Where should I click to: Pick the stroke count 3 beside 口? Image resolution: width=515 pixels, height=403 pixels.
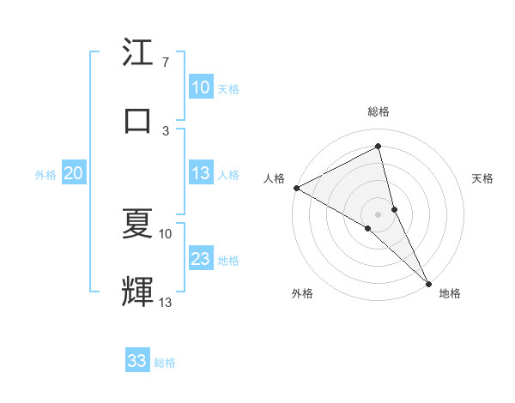click(165, 130)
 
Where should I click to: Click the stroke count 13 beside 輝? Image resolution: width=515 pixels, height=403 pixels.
click(165, 303)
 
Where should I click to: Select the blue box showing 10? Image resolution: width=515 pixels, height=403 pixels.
click(201, 87)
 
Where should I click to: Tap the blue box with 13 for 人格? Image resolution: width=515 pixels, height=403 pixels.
click(201, 173)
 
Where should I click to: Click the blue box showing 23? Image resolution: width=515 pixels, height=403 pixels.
click(201, 259)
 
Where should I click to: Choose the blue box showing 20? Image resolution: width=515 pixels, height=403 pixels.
click(74, 173)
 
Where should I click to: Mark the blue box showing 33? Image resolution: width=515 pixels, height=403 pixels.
click(137, 361)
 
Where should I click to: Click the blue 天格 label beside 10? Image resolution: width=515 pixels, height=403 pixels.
click(228, 88)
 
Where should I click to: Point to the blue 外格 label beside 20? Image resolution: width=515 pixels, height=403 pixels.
click(45, 174)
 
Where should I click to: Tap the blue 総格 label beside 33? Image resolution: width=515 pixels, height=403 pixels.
click(165, 362)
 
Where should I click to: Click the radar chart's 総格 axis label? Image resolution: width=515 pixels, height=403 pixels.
click(379, 111)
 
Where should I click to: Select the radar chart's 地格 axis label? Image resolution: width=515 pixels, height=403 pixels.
click(450, 293)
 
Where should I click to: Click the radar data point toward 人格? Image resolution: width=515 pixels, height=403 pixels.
click(296, 188)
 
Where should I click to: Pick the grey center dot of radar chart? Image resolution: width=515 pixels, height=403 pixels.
click(379, 214)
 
